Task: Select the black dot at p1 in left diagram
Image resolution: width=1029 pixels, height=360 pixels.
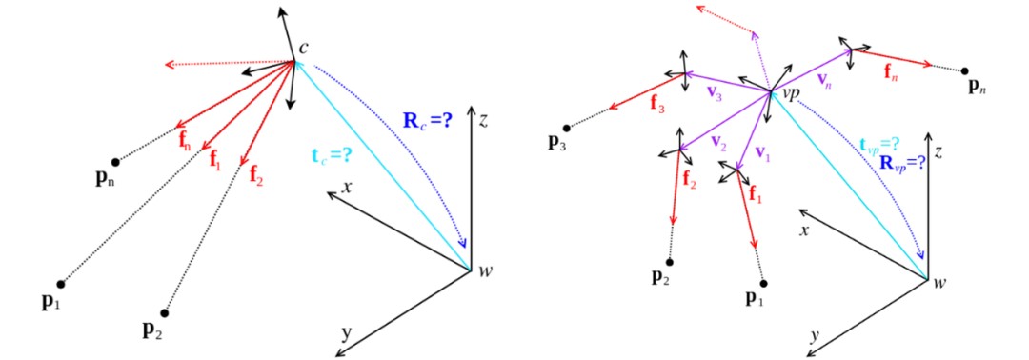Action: click(61, 284)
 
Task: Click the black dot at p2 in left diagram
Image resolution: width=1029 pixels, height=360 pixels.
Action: click(164, 312)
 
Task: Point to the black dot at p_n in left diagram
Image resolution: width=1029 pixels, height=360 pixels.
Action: click(115, 161)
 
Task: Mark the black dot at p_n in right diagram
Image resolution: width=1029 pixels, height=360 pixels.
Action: click(965, 70)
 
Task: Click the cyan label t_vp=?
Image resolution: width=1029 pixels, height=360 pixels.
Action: click(879, 142)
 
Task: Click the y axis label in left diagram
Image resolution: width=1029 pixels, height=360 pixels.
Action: click(346, 333)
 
